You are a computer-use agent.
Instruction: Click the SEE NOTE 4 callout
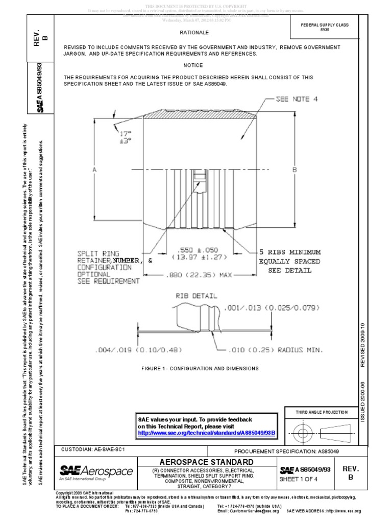coord(297,99)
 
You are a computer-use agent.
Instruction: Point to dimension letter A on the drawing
coord(95,169)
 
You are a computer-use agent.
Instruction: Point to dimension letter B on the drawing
coord(295,169)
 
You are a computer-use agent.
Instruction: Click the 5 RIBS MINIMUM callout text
coord(290,252)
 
